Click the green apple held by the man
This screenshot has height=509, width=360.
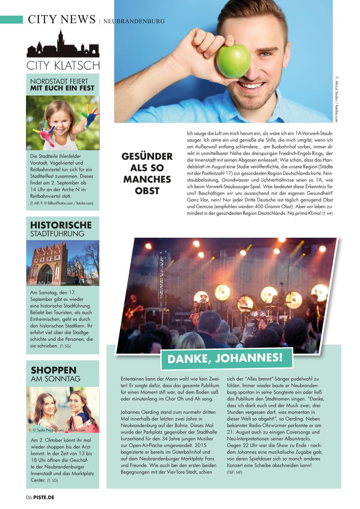pos(233,61)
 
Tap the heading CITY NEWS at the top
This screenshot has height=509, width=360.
pos(62,19)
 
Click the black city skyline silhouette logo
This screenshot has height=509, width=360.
pos(63,45)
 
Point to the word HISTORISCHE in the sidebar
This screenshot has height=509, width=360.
pos(61,225)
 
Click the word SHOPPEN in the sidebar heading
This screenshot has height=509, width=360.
pos(54,370)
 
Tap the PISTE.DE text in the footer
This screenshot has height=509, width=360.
pos(44,498)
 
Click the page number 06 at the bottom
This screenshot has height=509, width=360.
pos(29,498)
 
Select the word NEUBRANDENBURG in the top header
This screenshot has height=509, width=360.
pos(134,21)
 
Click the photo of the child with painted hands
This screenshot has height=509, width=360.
pos(63,122)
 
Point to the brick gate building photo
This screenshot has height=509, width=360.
pos(63,263)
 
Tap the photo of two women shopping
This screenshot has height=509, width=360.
pos(63,410)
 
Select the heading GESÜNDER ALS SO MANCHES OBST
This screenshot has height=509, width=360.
pos(147,173)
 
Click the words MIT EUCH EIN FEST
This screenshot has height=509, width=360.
pos(62,88)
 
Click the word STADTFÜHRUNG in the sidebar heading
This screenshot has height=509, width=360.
pos(57,234)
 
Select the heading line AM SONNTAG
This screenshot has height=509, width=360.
pos(56,379)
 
